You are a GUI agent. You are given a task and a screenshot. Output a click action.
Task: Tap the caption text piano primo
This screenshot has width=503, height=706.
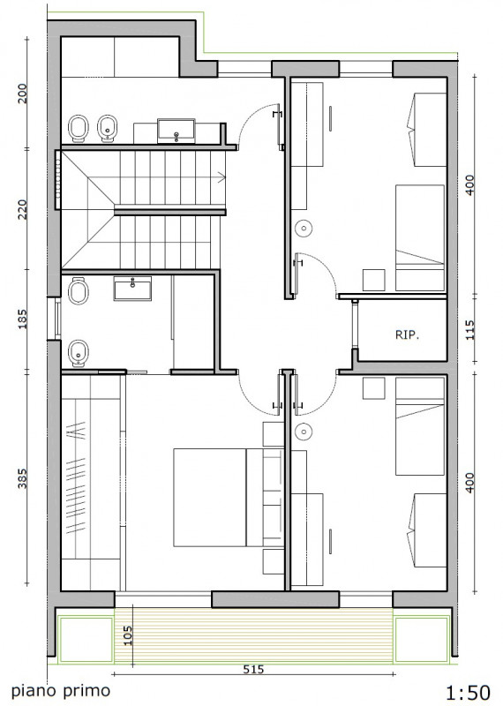point(61,691)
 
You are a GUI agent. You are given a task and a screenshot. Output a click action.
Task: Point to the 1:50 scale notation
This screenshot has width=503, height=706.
point(460,690)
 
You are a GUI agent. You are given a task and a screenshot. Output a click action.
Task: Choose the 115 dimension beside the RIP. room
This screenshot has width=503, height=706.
point(469,329)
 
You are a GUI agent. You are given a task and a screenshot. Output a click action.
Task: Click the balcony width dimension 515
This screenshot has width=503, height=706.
point(254,670)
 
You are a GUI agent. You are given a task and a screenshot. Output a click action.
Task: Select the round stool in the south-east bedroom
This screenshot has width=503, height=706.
point(304,432)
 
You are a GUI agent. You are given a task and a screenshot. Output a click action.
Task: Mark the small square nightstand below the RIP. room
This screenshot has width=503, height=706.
point(373,388)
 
